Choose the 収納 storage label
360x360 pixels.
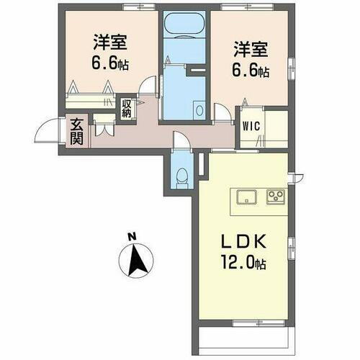(127, 109)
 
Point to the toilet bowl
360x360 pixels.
(183, 174)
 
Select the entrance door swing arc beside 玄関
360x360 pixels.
(45, 131)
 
